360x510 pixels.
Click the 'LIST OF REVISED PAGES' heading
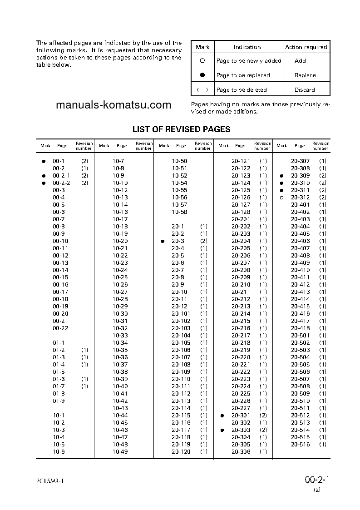181,129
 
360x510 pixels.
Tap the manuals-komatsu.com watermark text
113,105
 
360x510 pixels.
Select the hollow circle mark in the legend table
202,60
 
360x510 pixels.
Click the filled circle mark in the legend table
202,75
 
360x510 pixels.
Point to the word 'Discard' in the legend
305,89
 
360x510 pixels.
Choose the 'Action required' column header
306,47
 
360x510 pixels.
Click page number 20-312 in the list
300,198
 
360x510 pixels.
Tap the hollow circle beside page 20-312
281,198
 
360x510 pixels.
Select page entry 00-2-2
61,183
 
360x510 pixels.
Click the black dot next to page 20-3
163,241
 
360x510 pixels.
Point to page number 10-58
179,212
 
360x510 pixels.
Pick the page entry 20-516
300,445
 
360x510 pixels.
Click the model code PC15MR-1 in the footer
51,481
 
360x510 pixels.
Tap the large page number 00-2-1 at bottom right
317,480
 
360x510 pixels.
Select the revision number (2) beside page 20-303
263,430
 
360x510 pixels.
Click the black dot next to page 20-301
222,416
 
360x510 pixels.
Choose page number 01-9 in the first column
59,401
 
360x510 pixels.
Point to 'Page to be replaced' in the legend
243,75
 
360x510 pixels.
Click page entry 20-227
241,408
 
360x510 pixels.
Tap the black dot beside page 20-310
281,183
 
